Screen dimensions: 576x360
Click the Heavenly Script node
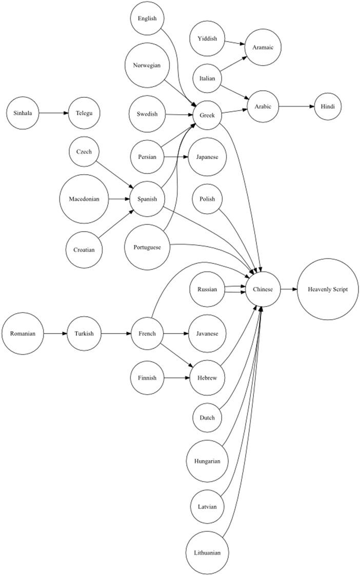tap(327, 290)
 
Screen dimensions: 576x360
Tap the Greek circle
tap(207, 115)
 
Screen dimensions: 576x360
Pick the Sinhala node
tap(23, 113)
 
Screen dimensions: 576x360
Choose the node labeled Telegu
tap(84, 113)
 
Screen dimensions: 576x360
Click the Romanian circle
tap(23, 334)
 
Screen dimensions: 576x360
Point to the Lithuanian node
tap(207, 553)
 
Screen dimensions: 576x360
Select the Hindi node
tap(328, 107)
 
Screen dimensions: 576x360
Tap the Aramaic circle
tap(263, 47)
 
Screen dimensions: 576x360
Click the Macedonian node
tap(84, 199)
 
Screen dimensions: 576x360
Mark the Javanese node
tap(207, 334)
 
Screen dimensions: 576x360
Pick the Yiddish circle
tap(207, 38)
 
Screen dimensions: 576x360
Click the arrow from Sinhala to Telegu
tap(53, 113)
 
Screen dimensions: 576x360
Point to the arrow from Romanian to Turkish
tap(55, 334)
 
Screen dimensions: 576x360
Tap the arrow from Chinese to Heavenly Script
tap(289, 290)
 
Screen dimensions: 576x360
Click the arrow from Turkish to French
tap(116, 334)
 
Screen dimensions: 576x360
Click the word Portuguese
tap(147, 247)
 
